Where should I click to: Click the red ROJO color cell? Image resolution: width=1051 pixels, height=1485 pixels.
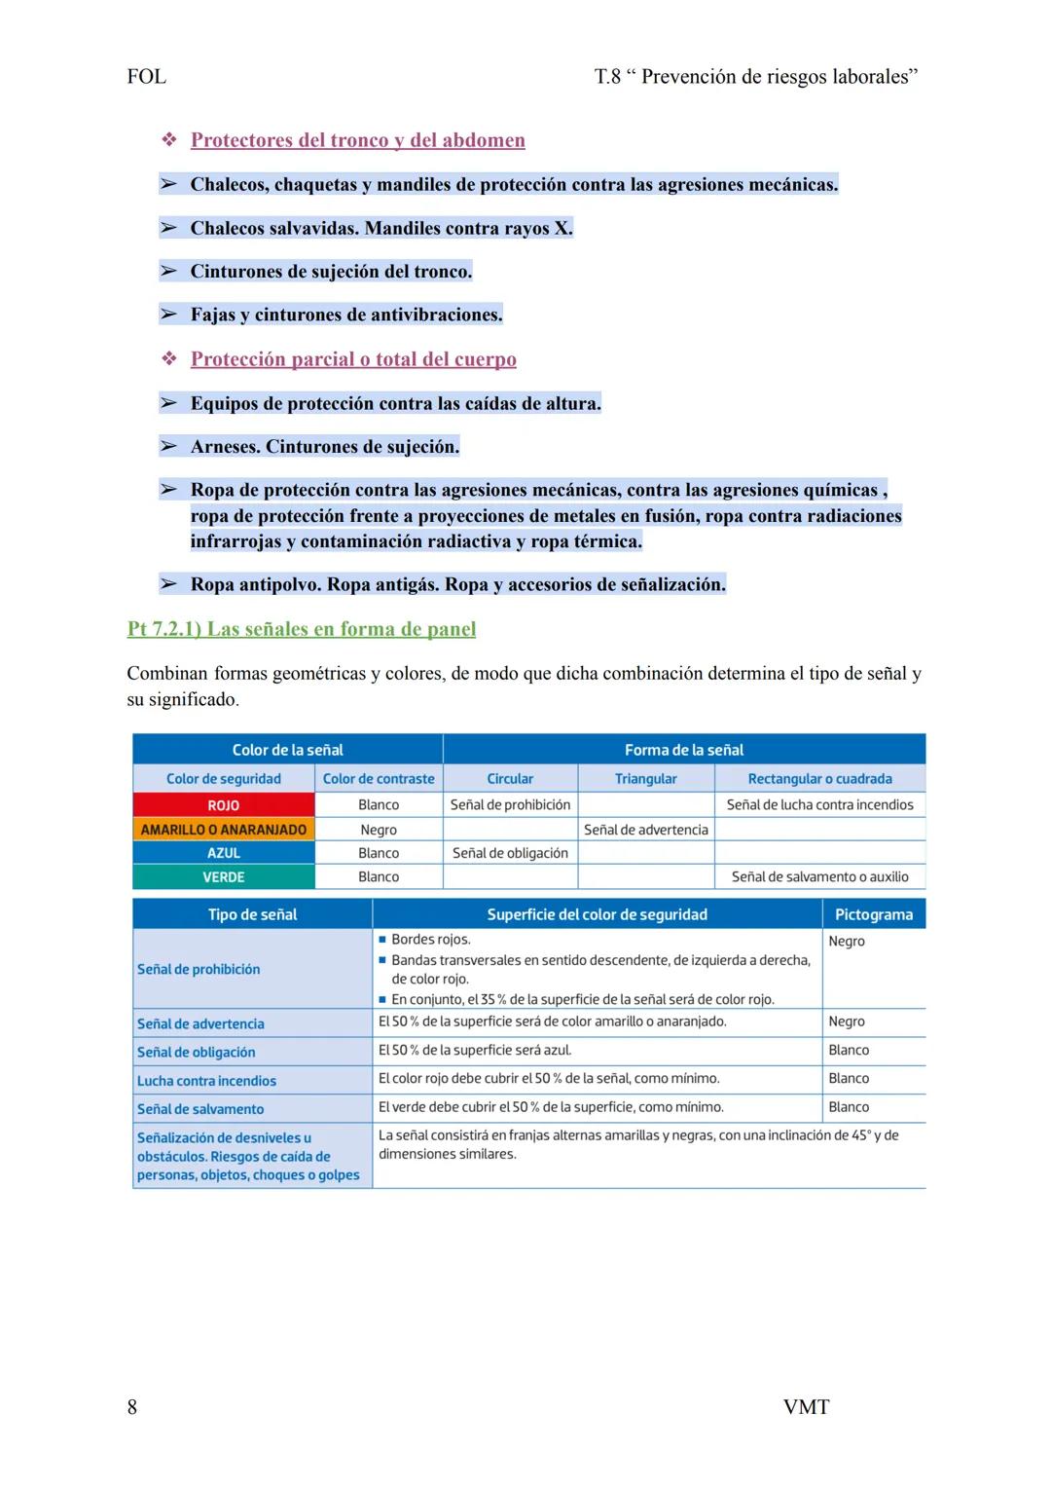pos(223,805)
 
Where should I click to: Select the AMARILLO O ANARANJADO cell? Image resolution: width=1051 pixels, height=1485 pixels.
pos(223,830)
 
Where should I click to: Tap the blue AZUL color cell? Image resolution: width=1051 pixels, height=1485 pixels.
pos(223,853)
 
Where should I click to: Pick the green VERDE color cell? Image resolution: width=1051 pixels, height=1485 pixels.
pos(223,877)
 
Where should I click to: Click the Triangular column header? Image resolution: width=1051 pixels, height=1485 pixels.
pos(645,779)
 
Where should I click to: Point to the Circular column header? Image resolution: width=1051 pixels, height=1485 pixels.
pos(510,779)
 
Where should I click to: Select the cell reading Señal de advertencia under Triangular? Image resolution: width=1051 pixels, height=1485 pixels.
pos(645,830)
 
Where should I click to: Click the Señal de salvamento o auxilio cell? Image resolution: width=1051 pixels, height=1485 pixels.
pos(819,877)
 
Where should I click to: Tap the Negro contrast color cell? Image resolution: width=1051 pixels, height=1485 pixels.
pos(379,830)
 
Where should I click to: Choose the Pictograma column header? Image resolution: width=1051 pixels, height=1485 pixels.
pos(873,914)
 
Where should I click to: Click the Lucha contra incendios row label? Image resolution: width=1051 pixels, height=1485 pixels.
pos(206,1081)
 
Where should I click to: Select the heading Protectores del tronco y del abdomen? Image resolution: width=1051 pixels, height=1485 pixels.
pos(357,140)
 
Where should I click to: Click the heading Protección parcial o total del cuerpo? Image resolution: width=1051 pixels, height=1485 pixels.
pos(353,359)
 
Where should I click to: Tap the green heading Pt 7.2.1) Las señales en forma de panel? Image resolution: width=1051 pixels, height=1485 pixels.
pos(302,629)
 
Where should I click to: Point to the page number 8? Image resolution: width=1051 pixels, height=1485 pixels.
pos(132,1407)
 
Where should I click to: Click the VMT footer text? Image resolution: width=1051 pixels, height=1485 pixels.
pos(806,1407)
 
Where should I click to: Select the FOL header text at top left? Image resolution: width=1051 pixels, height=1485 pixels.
pos(146,77)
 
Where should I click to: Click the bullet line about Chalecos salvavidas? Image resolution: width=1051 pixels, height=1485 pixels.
pos(381,228)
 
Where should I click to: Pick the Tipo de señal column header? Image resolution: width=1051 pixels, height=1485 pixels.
pos(252,914)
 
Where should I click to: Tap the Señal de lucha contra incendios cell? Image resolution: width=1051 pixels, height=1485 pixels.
pos(819,805)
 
